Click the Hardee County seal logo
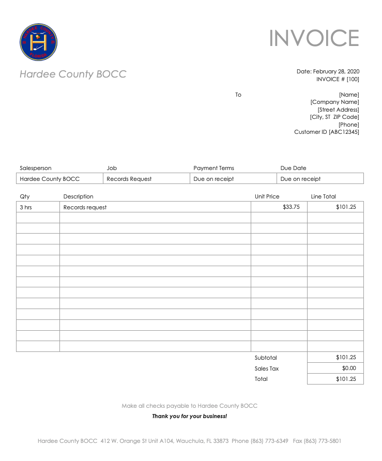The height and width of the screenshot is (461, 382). click(x=38, y=42)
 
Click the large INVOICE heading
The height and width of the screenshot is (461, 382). click(x=314, y=39)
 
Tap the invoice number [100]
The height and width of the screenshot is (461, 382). click(x=353, y=79)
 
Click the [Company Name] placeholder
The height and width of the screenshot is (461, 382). click(x=334, y=102)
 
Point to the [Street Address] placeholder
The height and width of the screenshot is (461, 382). click(x=338, y=110)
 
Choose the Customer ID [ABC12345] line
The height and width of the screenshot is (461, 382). click(x=326, y=132)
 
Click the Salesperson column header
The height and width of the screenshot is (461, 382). click(x=36, y=168)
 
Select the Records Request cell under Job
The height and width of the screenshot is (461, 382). click(x=129, y=179)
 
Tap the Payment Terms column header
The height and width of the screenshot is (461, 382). click(x=213, y=168)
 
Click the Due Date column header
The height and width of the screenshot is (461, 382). click(x=293, y=168)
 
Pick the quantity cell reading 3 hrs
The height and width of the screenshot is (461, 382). click(x=25, y=207)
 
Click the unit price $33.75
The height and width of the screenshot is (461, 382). click(x=291, y=207)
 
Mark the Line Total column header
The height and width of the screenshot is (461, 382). click(x=323, y=196)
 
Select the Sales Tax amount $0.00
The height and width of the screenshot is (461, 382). click(x=349, y=368)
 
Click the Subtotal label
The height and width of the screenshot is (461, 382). click(x=266, y=358)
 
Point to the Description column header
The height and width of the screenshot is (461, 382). click(x=78, y=196)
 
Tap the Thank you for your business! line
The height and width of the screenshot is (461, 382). click(x=189, y=416)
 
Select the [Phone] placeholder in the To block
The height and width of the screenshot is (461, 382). click(x=348, y=125)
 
